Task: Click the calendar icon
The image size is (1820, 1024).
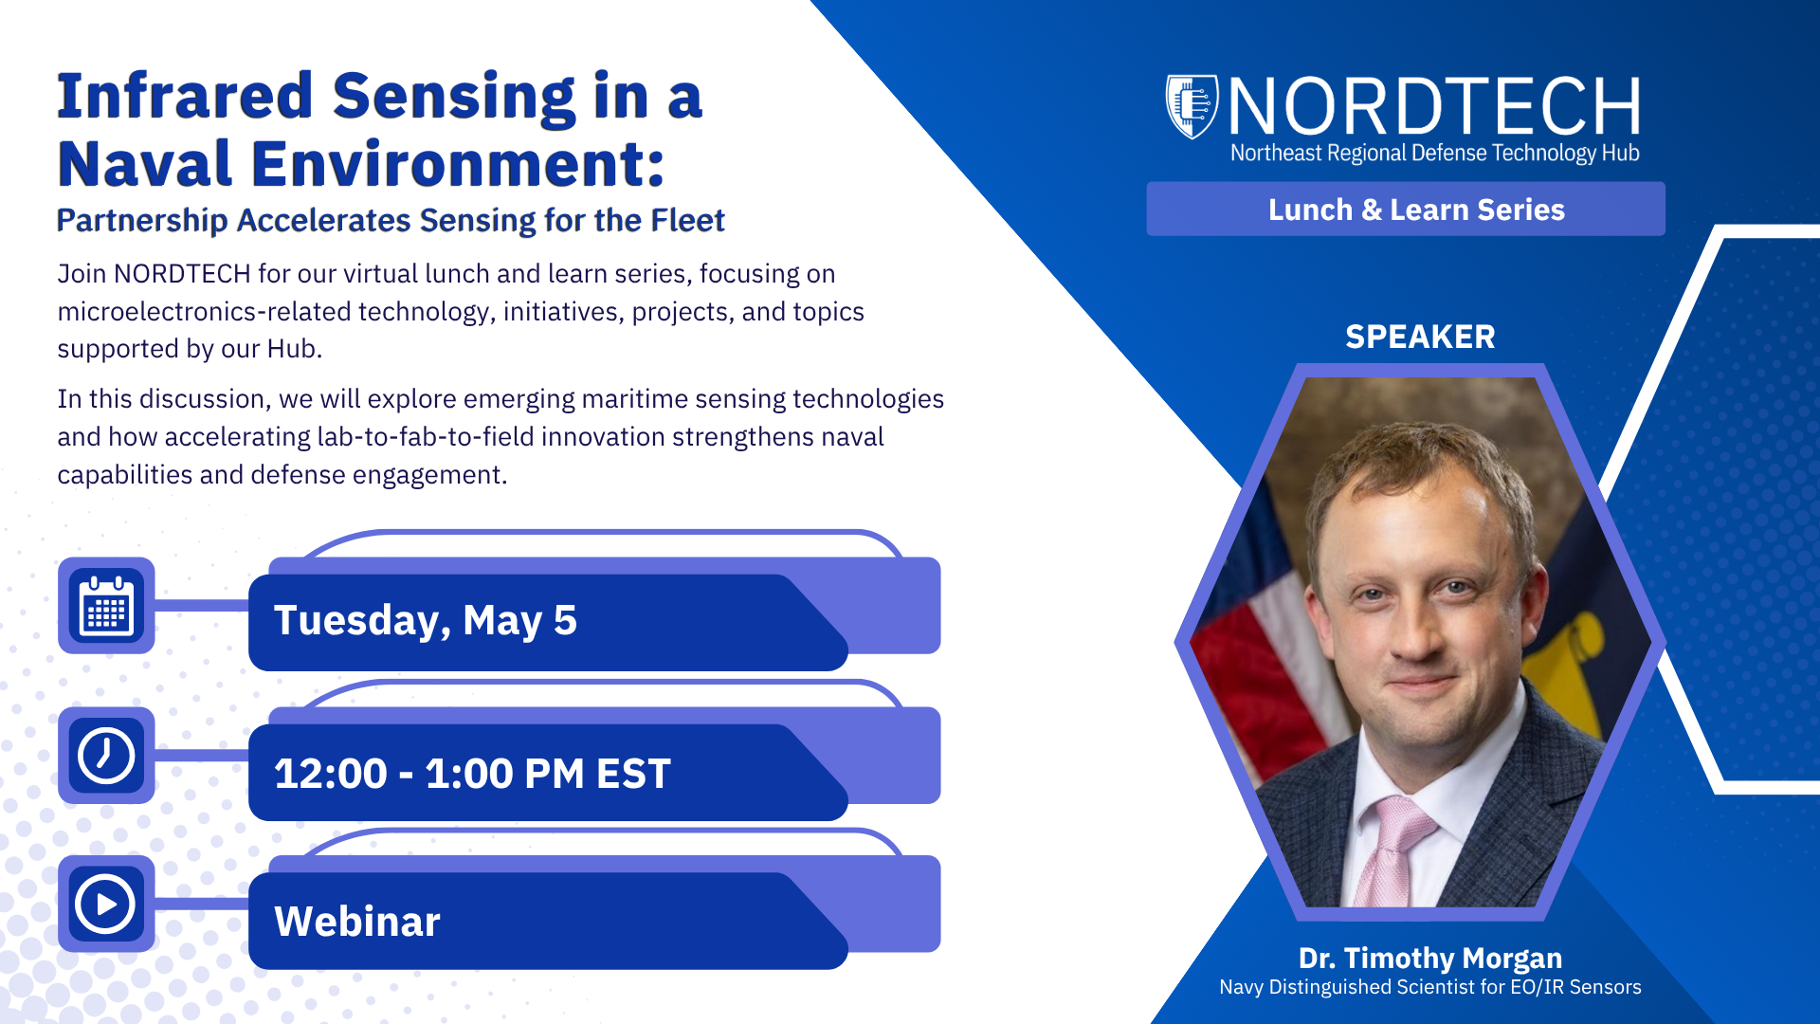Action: (106, 606)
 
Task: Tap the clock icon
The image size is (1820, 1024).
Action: (106, 755)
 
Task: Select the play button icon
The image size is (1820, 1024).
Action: (106, 904)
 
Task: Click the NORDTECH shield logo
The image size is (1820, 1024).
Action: (1192, 106)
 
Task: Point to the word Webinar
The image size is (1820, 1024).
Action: (357, 922)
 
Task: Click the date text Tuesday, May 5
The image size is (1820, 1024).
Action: (426, 621)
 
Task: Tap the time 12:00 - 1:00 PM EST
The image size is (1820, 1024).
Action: (472, 774)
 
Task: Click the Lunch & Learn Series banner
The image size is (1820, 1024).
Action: (1406, 209)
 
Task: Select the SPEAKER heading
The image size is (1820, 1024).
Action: (1420, 337)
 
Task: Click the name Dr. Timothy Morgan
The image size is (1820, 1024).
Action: (1430, 959)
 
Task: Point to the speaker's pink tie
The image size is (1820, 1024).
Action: (1392, 849)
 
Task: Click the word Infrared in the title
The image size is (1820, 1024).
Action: (185, 97)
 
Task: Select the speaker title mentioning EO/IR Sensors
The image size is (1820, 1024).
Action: (1430, 987)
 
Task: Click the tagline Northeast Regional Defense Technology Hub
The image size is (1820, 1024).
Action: (1435, 153)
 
